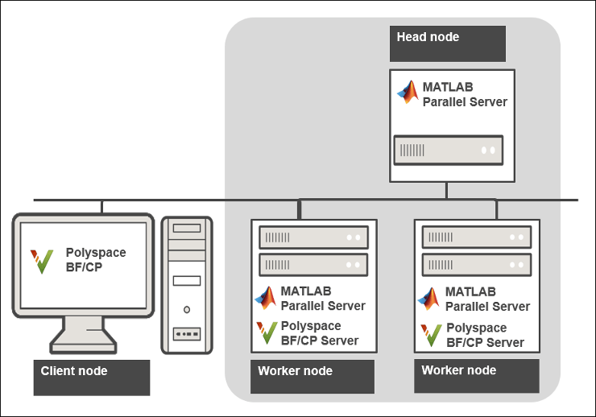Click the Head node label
pos(428,37)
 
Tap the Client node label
pos(74,371)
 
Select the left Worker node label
pos(295,371)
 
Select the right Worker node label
pos(459,370)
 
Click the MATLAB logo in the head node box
pos(408,93)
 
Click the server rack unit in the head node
pos(448,150)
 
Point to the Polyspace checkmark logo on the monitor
pos(42,261)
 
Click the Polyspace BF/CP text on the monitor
pos(96,259)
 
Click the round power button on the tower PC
pos(187,308)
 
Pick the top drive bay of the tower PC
pos(187,229)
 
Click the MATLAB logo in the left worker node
pos(266,298)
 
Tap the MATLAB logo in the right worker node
pos(429,299)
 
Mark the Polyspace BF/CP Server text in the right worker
pos(485,335)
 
